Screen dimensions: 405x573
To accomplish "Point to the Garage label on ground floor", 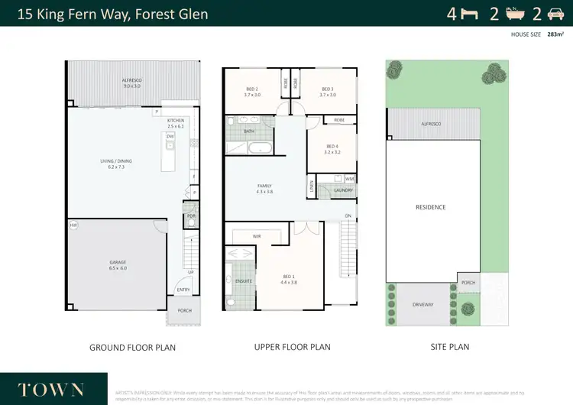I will [118, 262].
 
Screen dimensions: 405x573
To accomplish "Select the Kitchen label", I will [176, 121].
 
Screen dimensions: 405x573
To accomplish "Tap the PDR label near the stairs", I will [191, 216].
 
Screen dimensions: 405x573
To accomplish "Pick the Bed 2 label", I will [252, 89].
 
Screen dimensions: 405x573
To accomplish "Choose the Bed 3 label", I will [329, 89].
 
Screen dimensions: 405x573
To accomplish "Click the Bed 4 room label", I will [332, 147].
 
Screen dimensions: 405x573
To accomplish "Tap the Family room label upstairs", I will [264, 186].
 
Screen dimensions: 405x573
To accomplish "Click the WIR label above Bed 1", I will [257, 236].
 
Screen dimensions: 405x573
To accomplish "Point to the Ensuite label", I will [243, 281].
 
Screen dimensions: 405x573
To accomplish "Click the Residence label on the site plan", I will [430, 207].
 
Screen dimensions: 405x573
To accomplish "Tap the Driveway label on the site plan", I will [422, 304].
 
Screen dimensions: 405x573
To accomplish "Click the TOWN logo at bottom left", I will [51, 389].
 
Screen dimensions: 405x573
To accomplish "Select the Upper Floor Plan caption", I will [292, 347].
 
